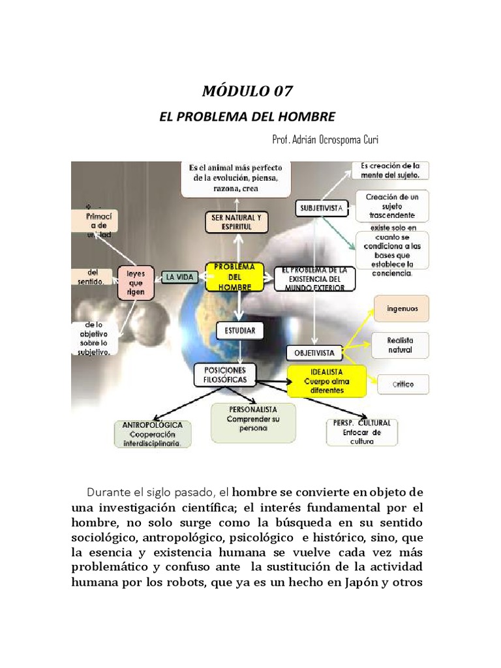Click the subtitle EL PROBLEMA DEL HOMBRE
[x=247, y=117]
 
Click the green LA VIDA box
[x=179, y=277]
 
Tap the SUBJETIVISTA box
[x=322, y=208]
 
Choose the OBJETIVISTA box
[x=314, y=353]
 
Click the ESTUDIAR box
[x=240, y=331]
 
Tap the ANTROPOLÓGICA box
[x=153, y=434]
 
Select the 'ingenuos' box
[x=401, y=308]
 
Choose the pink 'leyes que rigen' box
[x=136, y=282]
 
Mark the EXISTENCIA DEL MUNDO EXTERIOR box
[x=314, y=279]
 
